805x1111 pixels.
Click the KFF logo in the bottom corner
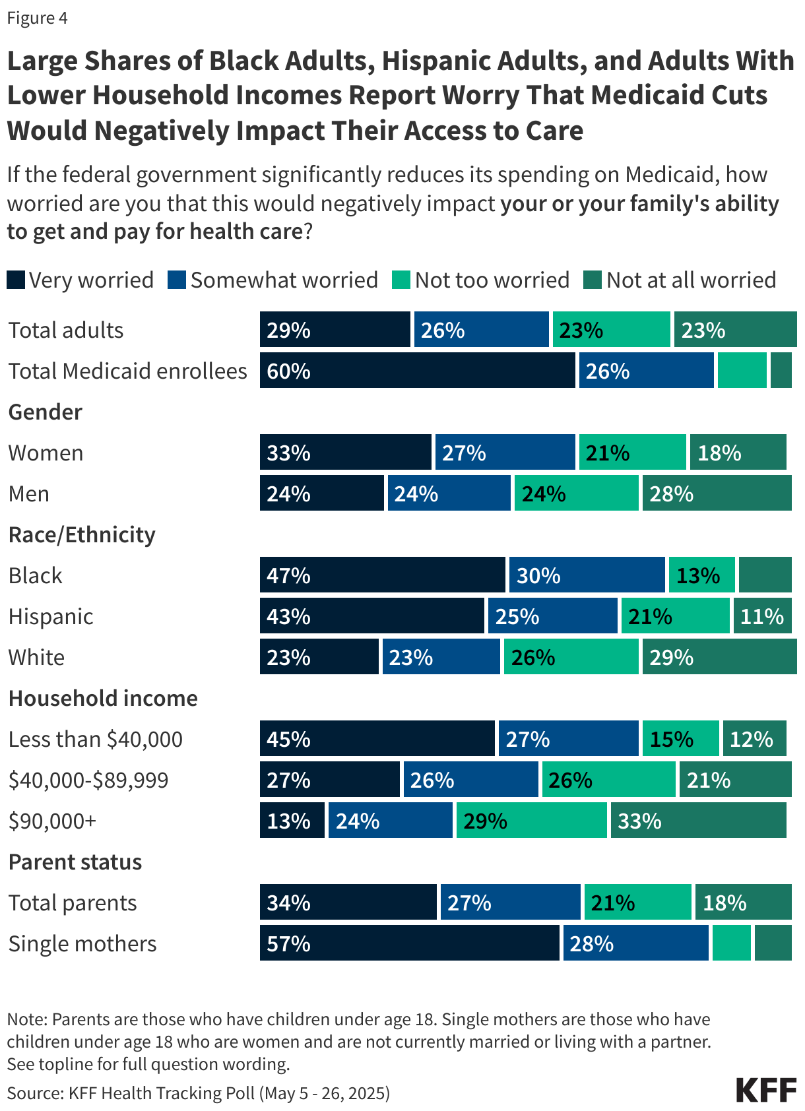766,1090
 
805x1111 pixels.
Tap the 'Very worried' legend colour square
16,280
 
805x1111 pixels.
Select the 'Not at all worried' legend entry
680,280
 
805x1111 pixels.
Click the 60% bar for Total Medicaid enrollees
417,371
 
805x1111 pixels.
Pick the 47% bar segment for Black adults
382,575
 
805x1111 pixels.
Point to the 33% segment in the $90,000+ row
698,821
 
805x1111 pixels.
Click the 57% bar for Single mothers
409,943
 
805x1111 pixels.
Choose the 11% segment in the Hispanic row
762,616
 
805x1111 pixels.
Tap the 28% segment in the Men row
717,493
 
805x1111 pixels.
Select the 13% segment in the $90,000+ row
292,821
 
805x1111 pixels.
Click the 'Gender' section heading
46,412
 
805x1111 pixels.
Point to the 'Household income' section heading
103,699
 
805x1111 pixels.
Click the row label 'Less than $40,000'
96,740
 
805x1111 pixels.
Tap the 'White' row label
37,658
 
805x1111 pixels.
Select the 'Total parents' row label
73,903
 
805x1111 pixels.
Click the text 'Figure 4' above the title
37,18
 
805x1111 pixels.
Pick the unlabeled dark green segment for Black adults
765,575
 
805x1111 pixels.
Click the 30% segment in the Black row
587,575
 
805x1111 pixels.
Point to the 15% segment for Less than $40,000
680,739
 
